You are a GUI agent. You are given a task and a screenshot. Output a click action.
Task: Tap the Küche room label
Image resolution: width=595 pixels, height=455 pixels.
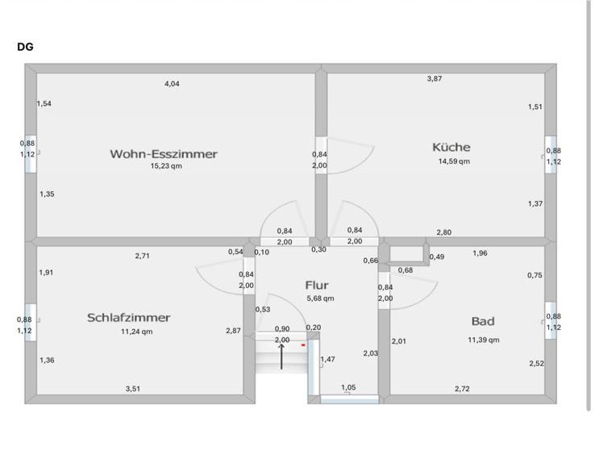click(451, 147)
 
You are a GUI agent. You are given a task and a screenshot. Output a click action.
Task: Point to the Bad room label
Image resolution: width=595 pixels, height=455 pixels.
click(483, 321)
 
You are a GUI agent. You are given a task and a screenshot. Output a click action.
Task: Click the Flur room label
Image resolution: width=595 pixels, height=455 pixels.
click(318, 285)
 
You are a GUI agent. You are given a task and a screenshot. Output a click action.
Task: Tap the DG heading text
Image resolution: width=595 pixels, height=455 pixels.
click(25, 47)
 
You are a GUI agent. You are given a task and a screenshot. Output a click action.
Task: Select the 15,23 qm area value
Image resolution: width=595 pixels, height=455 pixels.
click(166, 166)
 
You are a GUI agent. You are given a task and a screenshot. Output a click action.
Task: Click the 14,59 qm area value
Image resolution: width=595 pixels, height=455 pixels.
click(454, 161)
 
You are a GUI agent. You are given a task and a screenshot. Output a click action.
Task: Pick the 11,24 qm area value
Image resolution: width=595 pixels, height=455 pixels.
click(136, 332)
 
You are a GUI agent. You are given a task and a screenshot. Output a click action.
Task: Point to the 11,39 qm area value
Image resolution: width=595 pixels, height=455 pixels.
click(483, 340)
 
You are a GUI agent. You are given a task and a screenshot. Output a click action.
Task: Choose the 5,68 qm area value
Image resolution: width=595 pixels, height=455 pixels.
click(320, 298)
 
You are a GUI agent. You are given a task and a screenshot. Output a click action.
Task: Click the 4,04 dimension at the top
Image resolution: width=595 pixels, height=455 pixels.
click(172, 84)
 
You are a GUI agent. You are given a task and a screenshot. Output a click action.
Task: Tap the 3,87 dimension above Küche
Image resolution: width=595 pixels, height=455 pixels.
click(435, 78)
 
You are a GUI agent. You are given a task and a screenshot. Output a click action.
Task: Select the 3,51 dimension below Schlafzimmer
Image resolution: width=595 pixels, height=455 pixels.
click(133, 389)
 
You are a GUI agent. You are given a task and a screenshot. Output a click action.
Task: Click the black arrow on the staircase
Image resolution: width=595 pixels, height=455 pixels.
click(281, 355)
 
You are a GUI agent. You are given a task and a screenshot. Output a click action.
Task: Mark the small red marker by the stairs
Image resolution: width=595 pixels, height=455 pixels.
click(303, 344)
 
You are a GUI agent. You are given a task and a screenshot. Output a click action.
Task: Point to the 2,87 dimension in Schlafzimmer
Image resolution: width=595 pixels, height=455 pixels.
click(233, 331)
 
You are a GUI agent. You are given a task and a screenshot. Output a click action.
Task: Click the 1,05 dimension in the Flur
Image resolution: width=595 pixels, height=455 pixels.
click(348, 387)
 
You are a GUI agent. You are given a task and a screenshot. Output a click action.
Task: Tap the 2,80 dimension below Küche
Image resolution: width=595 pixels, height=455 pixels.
click(443, 232)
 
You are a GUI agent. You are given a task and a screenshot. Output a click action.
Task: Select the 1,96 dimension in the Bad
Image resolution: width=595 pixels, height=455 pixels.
click(480, 253)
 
